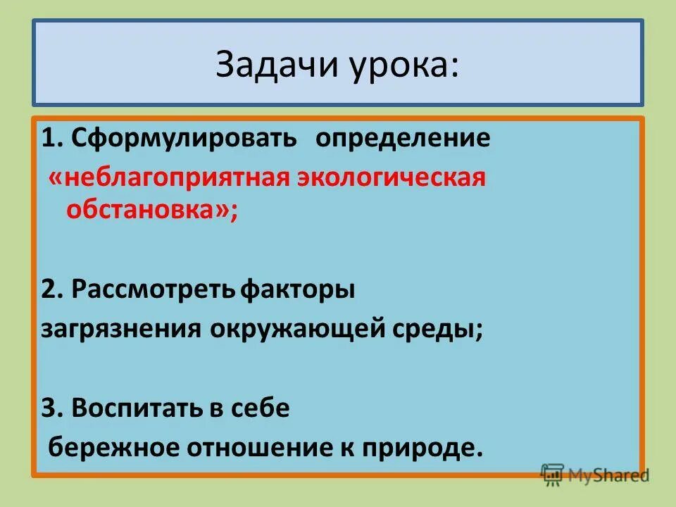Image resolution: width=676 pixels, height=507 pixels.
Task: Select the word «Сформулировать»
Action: coord(184,138)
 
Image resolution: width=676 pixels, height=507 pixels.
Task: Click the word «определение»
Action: coord(402,138)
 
